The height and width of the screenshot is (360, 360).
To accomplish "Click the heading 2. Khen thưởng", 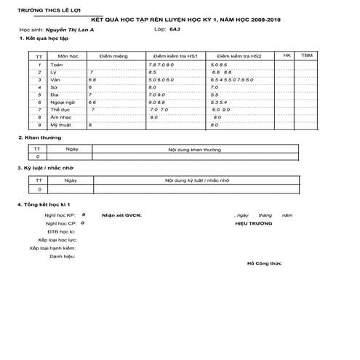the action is [x=40, y=137].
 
